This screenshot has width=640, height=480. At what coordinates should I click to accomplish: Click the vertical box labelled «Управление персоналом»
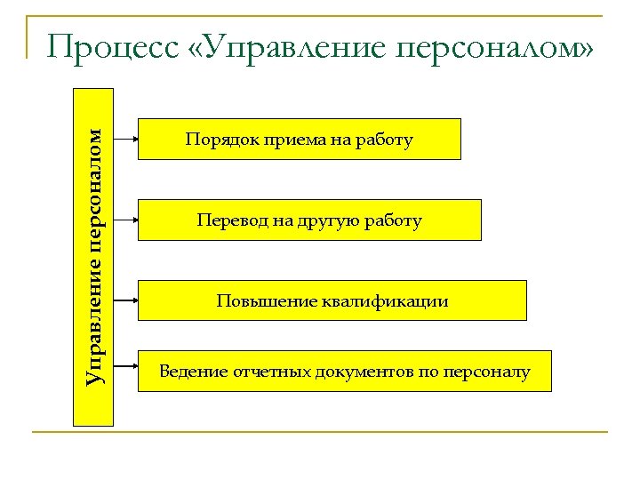92,256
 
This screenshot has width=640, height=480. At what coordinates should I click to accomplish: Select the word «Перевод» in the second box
230,220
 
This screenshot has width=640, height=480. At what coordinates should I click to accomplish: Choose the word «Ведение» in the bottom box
191,372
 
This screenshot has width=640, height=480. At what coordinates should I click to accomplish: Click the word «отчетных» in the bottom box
268,372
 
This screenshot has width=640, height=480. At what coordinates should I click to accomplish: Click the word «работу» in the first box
385,140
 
